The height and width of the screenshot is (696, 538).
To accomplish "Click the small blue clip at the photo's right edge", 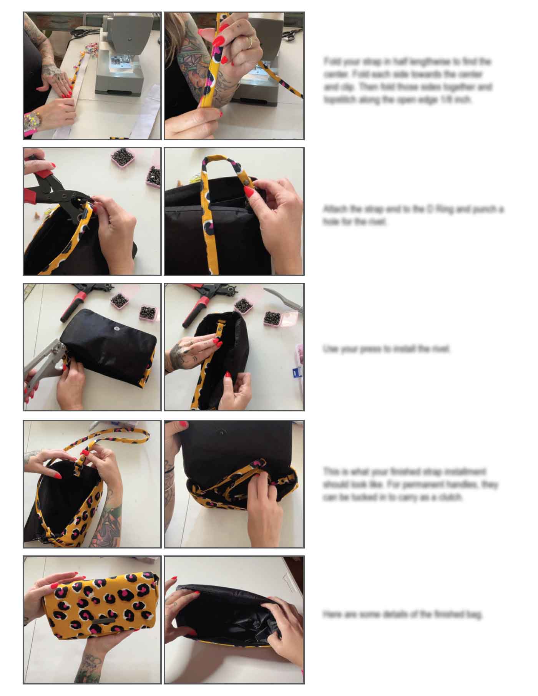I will click(x=296, y=373).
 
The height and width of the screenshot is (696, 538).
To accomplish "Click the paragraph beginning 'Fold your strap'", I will click(x=407, y=81).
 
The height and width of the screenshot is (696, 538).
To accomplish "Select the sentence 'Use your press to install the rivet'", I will click(x=387, y=349).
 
